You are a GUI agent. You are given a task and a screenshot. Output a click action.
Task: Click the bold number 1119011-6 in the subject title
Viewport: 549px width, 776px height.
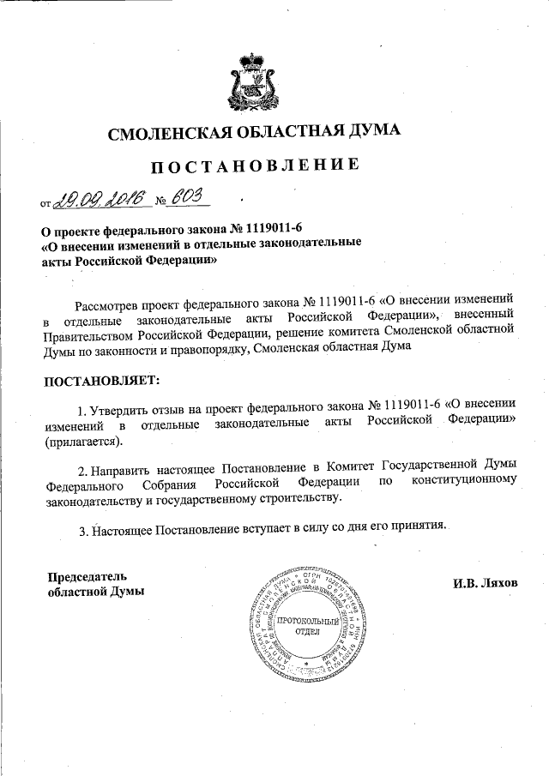pyautogui.click(x=269, y=229)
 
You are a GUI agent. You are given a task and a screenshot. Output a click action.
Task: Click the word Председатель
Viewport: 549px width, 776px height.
pyautogui.click(x=86, y=574)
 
